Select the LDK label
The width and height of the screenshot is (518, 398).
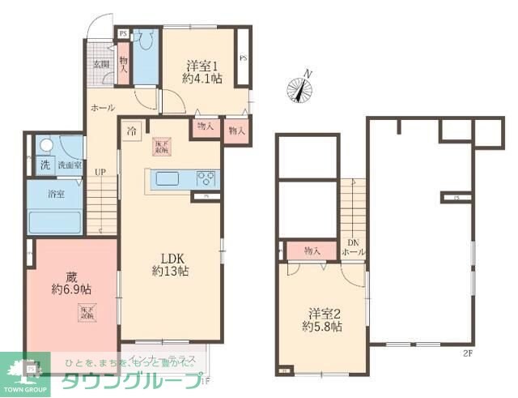pos(170,258)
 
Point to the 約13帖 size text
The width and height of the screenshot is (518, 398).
pos(170,272)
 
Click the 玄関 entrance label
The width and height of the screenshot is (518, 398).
pos(100,64)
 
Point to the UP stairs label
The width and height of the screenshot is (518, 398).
pos(99,171)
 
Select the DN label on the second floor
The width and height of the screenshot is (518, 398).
pos(353,242)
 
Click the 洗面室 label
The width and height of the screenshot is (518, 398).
pos(68,165)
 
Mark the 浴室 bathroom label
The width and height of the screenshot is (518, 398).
pos(57,195)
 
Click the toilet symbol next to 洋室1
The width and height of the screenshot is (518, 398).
pos(146,42)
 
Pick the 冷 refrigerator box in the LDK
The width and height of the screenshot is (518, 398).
pos(132,128)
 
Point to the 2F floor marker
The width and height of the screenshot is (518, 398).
pos(467,353)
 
